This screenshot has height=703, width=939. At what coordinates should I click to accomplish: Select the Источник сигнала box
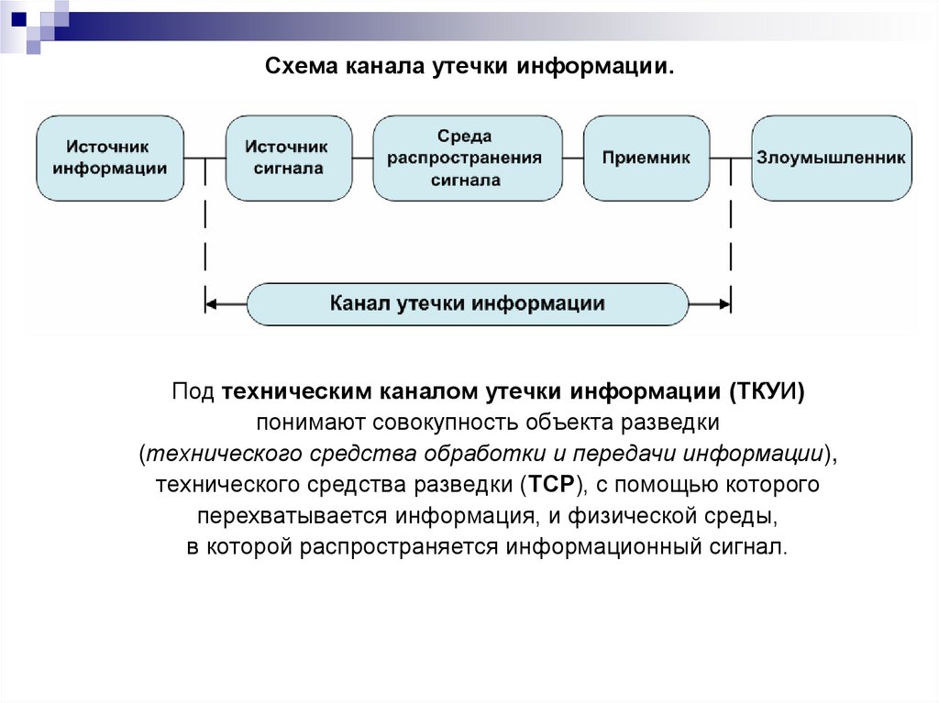288,158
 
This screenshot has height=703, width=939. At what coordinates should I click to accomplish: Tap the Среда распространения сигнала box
468,158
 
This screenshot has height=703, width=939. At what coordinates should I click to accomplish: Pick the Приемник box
646,158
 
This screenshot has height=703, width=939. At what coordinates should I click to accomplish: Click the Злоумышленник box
831,158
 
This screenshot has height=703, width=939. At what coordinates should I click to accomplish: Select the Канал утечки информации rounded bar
467,303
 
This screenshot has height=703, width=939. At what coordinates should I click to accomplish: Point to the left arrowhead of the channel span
211,303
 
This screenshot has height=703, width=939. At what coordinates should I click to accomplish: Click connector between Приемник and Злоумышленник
730,158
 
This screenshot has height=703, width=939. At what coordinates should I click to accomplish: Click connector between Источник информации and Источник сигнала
204,158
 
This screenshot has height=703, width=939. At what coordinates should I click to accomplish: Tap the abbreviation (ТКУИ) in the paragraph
767,392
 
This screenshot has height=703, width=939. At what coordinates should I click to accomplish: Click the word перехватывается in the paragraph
271,515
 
